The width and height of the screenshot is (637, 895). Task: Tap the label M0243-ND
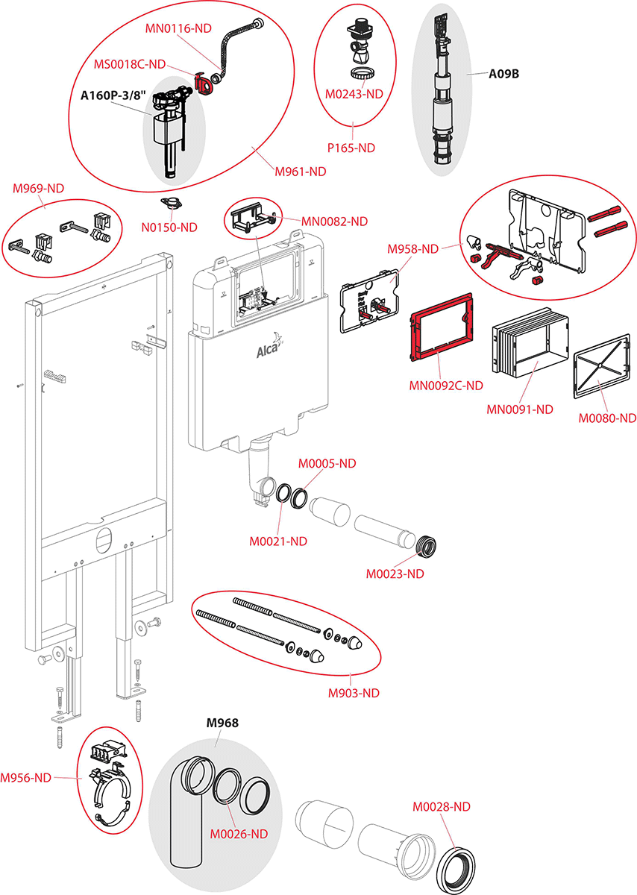pos(354,94)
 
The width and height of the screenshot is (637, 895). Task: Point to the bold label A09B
pos(503,74)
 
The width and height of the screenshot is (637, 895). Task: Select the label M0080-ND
pos(608,418)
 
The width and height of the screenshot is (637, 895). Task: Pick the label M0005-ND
pos(327,464)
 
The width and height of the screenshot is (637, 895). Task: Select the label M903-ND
pos(354,693)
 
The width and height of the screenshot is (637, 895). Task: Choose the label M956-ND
pos(26,778)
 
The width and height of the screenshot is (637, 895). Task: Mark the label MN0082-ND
pos(335,221)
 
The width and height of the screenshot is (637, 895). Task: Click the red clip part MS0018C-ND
pos(202,81)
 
